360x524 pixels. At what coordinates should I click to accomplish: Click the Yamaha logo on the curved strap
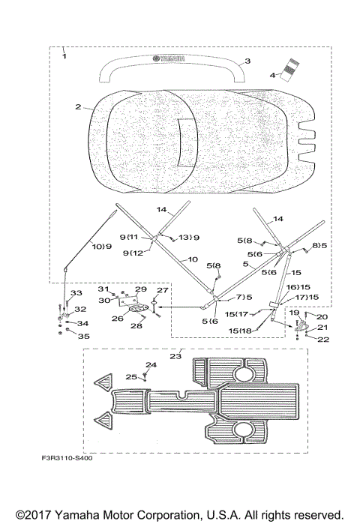(x=169, y=58)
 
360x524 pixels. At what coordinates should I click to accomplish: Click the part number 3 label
(x=247, y=61)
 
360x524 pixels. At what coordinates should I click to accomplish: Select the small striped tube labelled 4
(x=289, y=70)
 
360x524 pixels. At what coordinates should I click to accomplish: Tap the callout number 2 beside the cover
(x=78, y=106)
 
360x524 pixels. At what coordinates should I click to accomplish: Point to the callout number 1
(x=64, y=56)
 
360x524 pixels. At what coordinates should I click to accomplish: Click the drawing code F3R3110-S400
(x=67, y=458)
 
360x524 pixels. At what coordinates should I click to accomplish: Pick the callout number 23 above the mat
(x=175, y=356)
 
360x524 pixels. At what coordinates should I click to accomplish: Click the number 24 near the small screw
(x=151, y=364)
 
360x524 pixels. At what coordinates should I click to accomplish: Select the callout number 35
(x=83, y=336)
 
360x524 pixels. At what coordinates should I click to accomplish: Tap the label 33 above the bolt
(x=76, y=293)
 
